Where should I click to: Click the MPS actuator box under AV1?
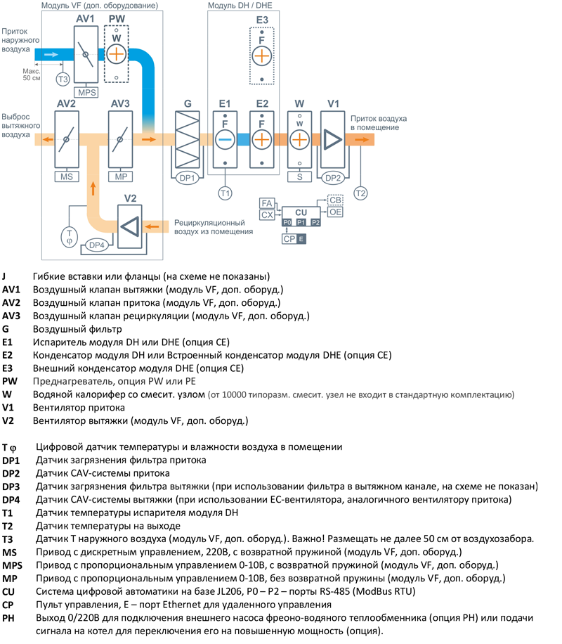pyautogui.click(x=88, y=92)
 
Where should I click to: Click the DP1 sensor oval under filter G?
pyautogui.click(x=188, y=177)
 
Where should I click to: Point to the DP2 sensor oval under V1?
pyautogui.click(x=333, y=178)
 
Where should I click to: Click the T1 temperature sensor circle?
pyautogui.click(x=225, y=192)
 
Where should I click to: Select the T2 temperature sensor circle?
pyautogui.click(x=360, y=193)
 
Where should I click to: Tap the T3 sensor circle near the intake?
pyautogui.click(x=63, y=79)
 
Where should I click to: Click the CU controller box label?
pyautogui.click(x=301, y=212)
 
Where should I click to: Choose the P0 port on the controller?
pyautogui.click(x=287, y=222)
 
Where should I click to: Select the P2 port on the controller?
pyautogui.click(x=315, y=222)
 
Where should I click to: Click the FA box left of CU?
pyautogui.click(x=267, y=202)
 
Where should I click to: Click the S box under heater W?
pyautogui.click(x=300, y=177)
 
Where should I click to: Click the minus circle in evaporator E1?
pyautogui.click(x=225, y=139)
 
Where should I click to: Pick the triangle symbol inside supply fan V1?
pyautogui.click(x=332, y=139)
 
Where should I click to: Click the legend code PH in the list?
pyautogui.click(x=8, y=617)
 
